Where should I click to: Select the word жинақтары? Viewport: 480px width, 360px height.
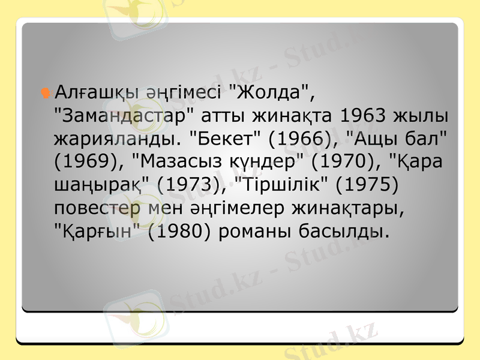340,208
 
